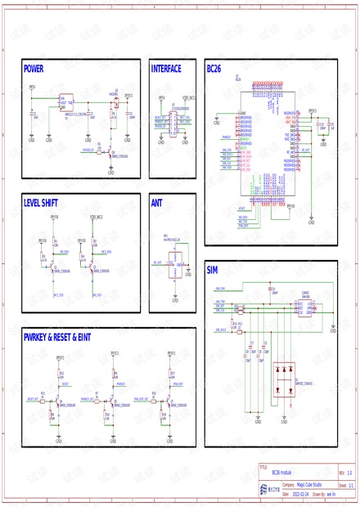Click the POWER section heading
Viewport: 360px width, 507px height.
34,70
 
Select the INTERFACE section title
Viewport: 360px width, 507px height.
166,70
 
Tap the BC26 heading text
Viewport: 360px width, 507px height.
214,70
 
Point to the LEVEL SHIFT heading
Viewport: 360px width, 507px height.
44,201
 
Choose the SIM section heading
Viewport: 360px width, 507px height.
213,270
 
